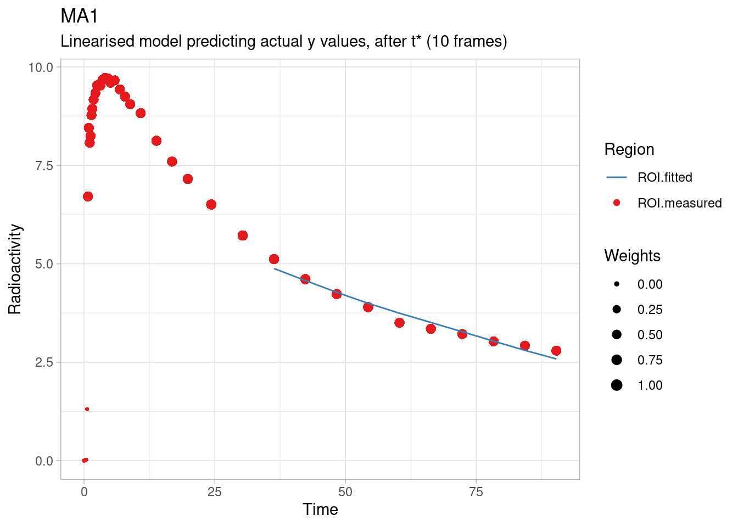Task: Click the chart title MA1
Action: click(x=79, y=16)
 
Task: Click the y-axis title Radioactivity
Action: click(x=15, y=269)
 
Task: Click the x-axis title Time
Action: click(x=320, y=509)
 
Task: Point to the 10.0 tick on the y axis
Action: click(x=41, y=68)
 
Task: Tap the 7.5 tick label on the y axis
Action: click(x=44, y=166)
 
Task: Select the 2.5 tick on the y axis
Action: click(x=44, y=362)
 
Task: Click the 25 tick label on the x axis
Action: click(x=214, y=492)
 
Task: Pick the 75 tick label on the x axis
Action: click(x=476, y=492)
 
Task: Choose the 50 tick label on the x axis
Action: click(x=345, y=492)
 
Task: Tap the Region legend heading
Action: click(x=629, y=149)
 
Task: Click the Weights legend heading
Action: click(x=632, y=256)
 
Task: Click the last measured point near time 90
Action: click(x=556, y=351)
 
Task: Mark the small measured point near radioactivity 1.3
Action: click(x=87, y=409)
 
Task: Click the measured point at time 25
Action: click(x=211, y=205)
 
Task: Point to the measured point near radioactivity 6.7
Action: click(x=88, y=197)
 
